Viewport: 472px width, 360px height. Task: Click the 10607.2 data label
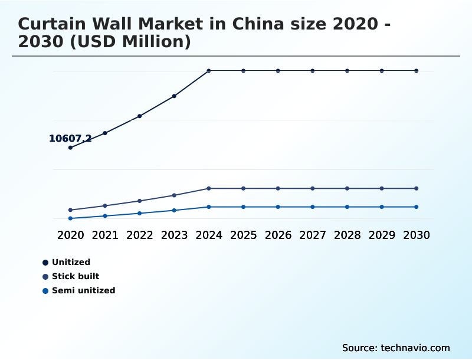[x=70, y=139]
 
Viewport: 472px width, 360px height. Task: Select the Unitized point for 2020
[x=70, y=148]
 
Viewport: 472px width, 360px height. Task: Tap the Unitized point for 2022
[x=140, y=116]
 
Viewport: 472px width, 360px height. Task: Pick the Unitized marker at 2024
[x=209, y=71]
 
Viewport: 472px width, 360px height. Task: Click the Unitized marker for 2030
[x=417, y=71]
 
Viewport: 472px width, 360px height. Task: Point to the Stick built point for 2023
[x=174, y=195]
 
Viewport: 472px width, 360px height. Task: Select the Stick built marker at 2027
[x=313, y=188]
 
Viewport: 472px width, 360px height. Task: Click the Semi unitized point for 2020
[x=70, y=218]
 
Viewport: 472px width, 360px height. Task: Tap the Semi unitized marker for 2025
[x=243, y=207]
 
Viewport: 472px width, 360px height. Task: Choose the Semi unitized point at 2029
[x=382, y=207]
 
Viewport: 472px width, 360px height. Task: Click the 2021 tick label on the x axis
[x=105, y=235]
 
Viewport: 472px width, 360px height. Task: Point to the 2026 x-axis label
[x=278, y=235]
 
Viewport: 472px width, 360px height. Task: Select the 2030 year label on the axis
[x=417, y=235]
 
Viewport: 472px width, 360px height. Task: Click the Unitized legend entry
[x=70, y=263]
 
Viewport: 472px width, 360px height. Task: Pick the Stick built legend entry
[x=75, y=276]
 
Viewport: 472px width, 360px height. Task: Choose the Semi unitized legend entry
[x=83, y=290]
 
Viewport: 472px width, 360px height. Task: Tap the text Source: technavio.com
[x=396, y=348]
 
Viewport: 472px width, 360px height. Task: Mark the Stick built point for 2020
[x=70, y=210]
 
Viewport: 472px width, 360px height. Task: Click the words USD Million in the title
[x=138, y=42]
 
